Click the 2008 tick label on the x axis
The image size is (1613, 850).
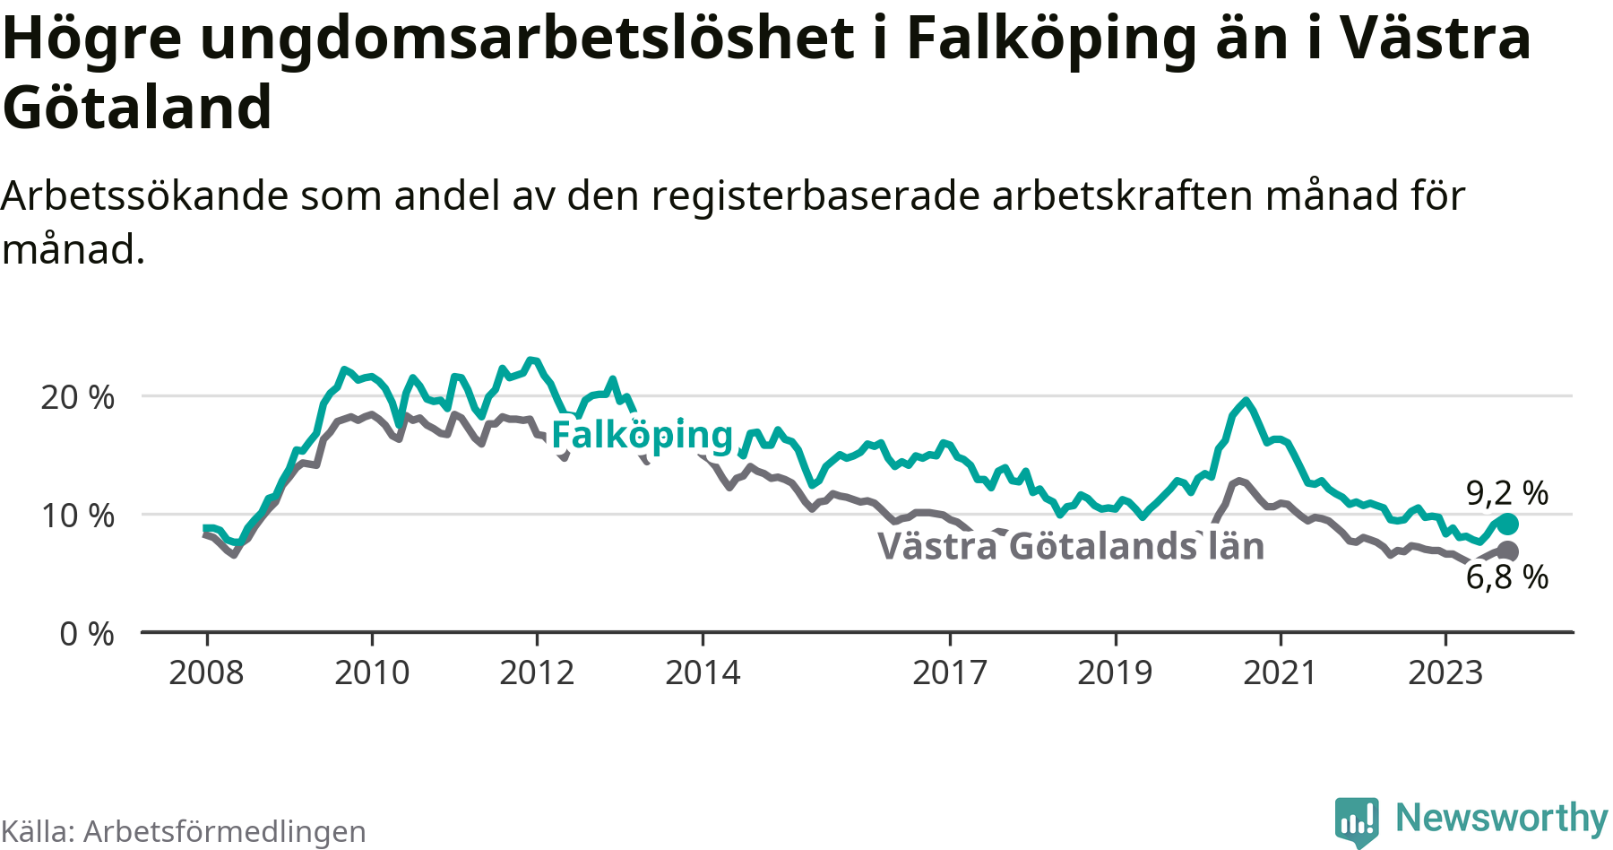coord(206,672)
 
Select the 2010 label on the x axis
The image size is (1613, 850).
coord(372,672)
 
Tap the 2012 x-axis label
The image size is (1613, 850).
coord(537,672)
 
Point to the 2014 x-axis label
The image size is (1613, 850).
coord(703,672)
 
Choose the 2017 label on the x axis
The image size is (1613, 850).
coord(950,672)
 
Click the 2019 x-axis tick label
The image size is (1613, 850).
coord(1115,672)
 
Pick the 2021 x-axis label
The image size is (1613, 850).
coord(1281,672)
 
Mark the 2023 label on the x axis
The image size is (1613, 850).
coord(1445,672)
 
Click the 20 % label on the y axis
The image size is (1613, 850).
coord(77,397)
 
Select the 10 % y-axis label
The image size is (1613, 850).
coord(77,516)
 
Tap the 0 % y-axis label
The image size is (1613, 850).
coord(87,635)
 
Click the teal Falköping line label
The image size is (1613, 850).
coord(643,436)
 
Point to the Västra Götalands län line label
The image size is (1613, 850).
coord(1071,547)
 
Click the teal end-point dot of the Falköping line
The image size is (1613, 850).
coord(1507,524)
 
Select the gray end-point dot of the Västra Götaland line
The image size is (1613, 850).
coord(1507,551)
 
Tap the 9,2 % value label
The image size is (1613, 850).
coord(1507,493)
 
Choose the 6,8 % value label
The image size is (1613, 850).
coord(1507,577)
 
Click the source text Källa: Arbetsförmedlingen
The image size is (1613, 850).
coord(184,832)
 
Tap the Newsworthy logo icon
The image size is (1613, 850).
coord(1357,820)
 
